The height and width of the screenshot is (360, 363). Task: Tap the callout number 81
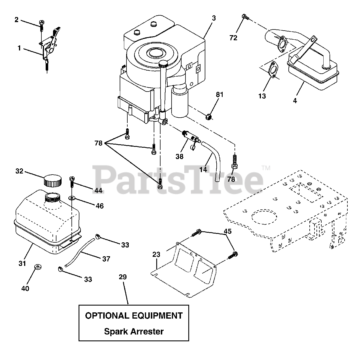point(220,95)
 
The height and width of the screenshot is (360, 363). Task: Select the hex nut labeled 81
point(209,116)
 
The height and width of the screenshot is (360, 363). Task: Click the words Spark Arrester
point(134,331)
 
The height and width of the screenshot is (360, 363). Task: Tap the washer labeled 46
point(72,197)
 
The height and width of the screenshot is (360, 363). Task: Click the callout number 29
point(123,277)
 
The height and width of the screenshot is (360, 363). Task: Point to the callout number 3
point(214,18)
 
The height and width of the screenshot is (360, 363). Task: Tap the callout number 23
point(156,255)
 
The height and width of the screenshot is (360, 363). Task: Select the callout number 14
point(203,170)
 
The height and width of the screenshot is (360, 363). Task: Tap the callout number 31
point(22,263)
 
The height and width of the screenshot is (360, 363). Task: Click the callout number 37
point(106,259)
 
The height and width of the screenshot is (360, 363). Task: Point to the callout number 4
point(295,100)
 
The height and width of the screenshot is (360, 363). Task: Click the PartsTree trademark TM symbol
point(266,168)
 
